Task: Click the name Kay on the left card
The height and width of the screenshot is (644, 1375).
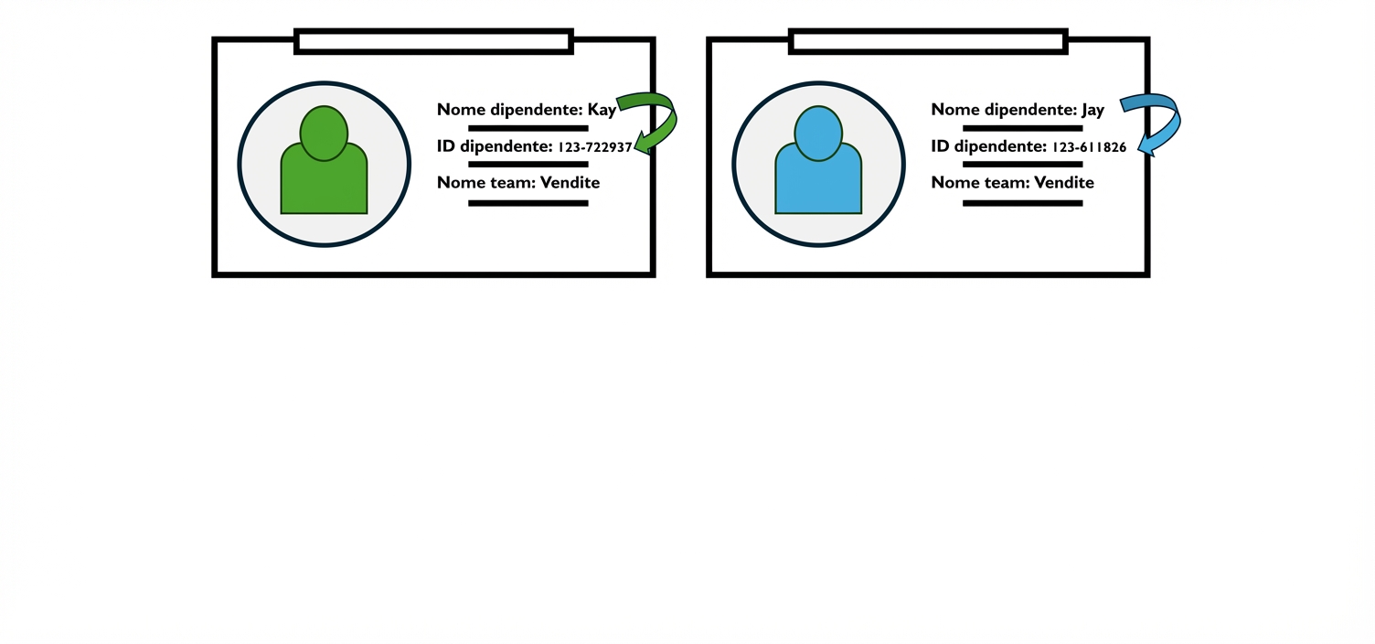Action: coord(602,111)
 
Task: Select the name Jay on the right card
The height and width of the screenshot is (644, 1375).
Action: coord(1093,111)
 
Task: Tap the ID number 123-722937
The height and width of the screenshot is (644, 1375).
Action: coord(594,147)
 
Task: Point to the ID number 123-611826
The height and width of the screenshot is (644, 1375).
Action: coord(1089,147)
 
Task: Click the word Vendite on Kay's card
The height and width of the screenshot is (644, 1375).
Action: coord(570,183)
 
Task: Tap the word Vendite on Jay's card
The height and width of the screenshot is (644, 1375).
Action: coord(1063,183)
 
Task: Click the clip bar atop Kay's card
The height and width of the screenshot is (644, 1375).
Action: coord(433,41)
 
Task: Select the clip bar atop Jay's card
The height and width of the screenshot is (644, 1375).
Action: coord(928,41)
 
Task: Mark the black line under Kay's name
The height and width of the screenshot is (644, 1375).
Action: coord(528,128)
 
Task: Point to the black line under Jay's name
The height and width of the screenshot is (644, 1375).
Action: coord(1022,128)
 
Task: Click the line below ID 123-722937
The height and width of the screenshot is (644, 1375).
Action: coord(528,165)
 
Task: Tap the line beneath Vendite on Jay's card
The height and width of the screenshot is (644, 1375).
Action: coord(1022,203)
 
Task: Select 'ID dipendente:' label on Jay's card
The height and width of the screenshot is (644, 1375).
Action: coord(988,147)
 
